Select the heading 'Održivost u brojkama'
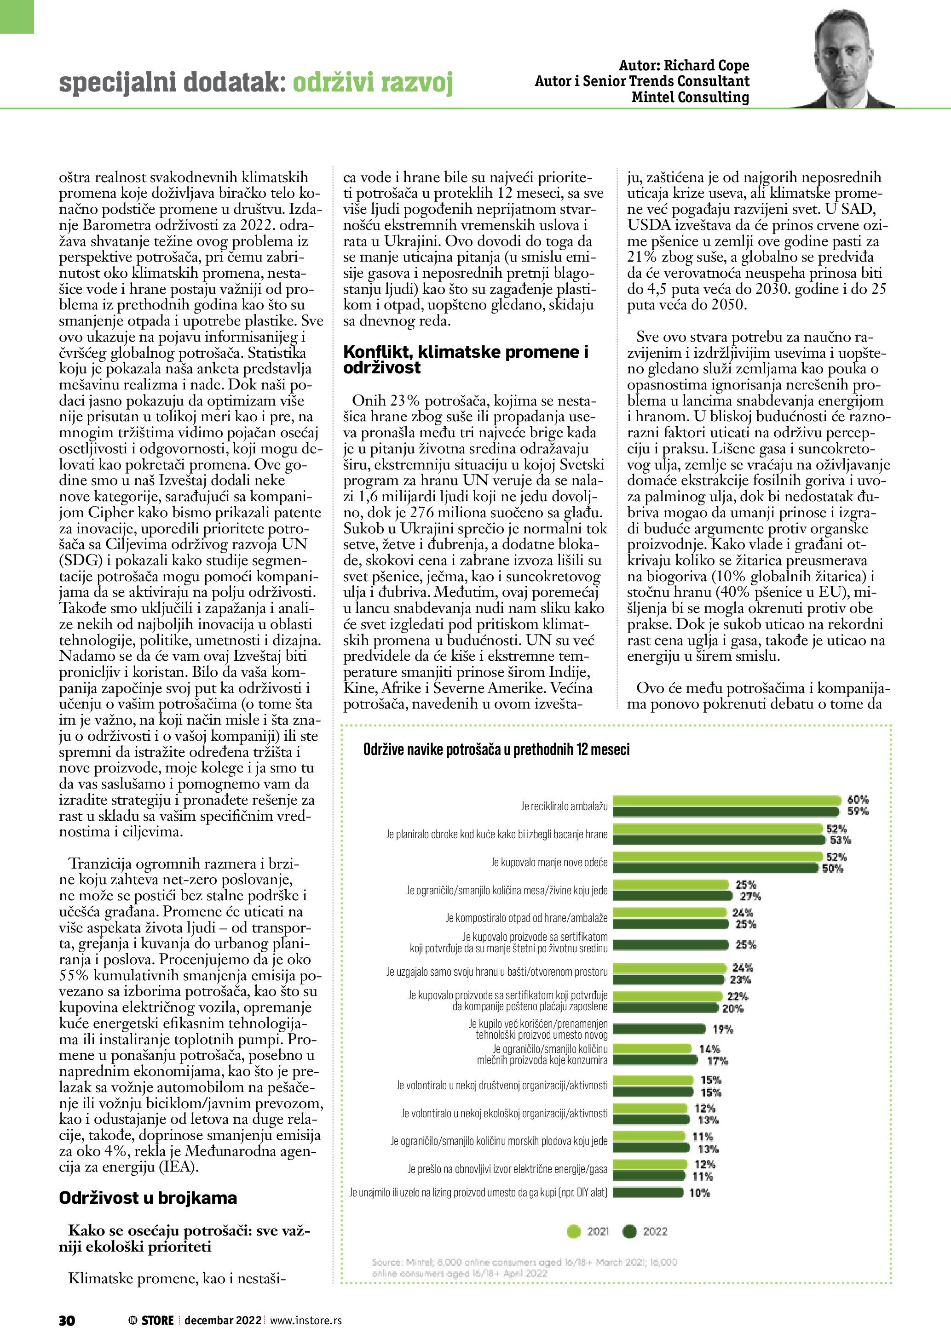148,1198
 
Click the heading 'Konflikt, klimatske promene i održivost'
466,360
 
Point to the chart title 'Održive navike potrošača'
496,750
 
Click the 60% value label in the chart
858,800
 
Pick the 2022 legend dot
629,1232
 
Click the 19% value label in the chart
723,1029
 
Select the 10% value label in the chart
699,1192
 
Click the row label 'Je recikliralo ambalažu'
564,806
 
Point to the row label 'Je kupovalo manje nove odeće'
549,862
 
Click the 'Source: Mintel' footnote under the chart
524,1268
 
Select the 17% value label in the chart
717,1061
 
